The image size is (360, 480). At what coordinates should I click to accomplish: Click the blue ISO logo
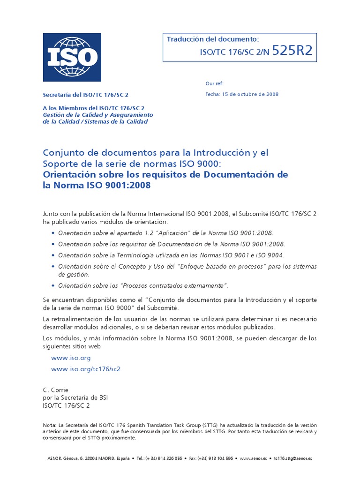point(72,57)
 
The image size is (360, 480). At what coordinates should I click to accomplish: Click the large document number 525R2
point(292,51)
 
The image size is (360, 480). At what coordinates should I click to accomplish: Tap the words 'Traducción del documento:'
point(213,39)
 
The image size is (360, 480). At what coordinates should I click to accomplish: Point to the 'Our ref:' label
point(214,83)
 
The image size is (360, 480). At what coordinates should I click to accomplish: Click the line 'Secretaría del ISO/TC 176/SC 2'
point(85,94)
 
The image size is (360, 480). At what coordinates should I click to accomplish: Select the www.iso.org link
point(71,358)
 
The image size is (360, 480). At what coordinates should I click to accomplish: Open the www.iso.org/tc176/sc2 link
point(86,369)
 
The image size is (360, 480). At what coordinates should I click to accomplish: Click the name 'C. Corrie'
point(55,390)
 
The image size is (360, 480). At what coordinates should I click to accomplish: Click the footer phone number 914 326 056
point(168,458)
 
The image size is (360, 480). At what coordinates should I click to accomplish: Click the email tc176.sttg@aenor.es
point(293,458)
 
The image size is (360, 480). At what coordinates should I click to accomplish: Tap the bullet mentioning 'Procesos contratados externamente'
point(143,285)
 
